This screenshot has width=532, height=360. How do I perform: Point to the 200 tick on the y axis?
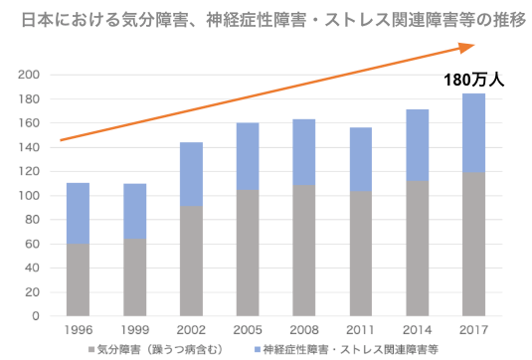coord(30,76)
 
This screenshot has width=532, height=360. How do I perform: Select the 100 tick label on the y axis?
coord(30,196)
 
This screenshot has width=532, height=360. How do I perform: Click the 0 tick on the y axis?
coord(36,316)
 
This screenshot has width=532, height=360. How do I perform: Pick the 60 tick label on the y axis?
coord(33,244)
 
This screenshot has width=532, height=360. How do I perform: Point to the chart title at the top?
coord(266,18)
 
